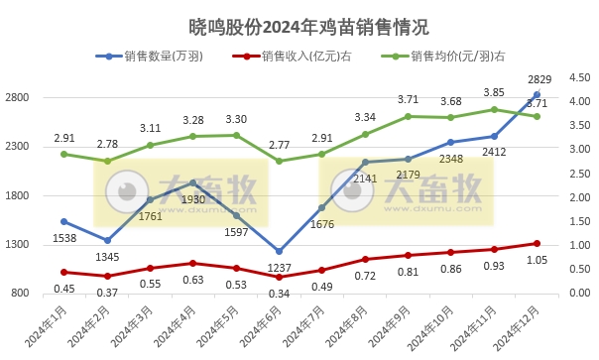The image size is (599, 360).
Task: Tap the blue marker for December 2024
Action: point(538,94)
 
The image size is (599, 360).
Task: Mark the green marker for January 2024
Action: point(63,154)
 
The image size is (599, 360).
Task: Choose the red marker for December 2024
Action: point(538,243)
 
